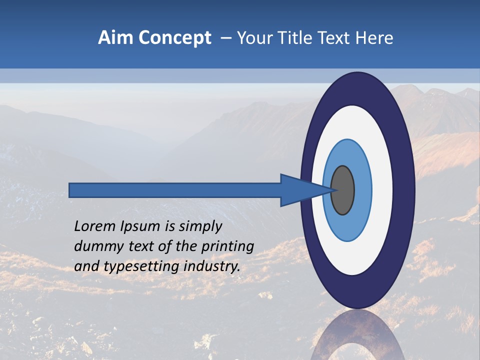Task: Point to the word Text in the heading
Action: click(334, 37)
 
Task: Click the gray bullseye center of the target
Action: click(343, 190)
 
